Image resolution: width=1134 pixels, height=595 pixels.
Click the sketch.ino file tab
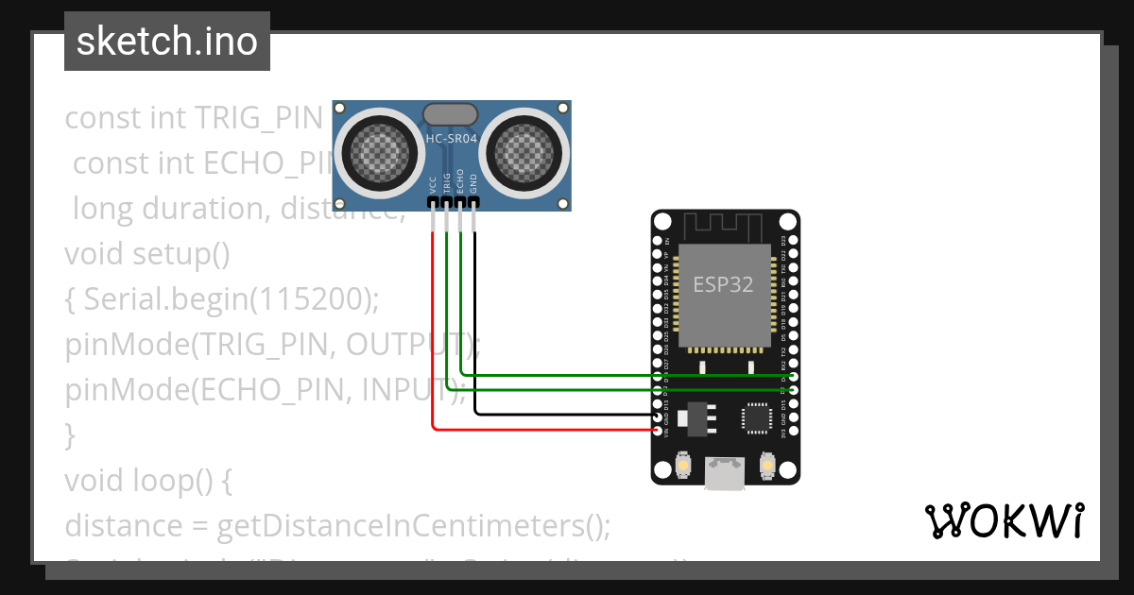[167, 42]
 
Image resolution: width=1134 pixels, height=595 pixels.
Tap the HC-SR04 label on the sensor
[452, 139]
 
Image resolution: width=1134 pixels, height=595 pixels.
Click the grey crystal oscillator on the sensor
[452, 114]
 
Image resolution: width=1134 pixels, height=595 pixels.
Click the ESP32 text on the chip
[723, 284]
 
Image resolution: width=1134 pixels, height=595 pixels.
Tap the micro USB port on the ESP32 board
[725, 471]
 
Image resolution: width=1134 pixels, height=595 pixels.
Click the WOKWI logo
[1004, 520]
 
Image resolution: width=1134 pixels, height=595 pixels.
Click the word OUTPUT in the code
[407, 345]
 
